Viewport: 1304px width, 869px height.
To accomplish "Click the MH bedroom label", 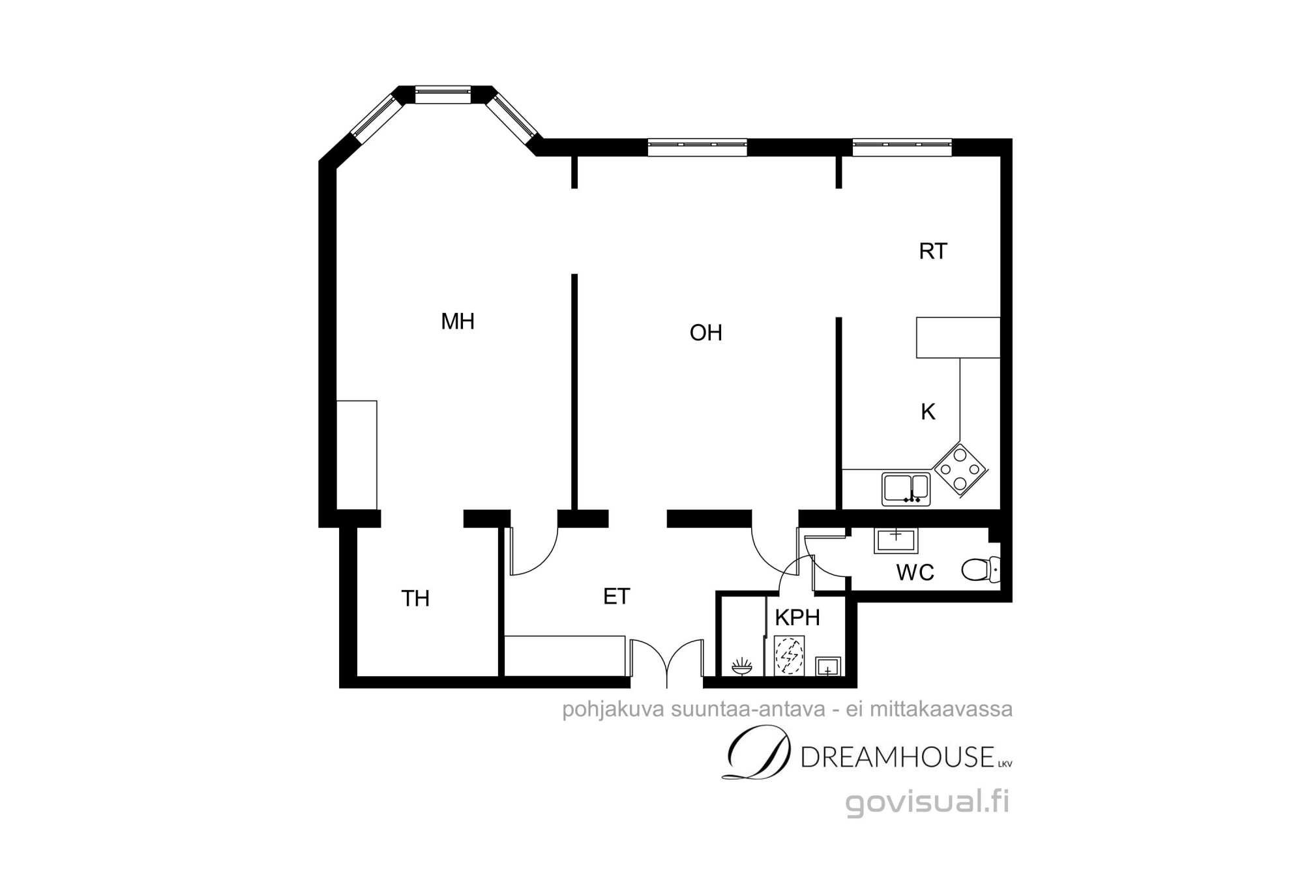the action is point(458,321).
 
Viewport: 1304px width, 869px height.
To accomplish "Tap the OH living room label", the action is point(706,333).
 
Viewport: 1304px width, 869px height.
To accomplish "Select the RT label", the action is point(933,252).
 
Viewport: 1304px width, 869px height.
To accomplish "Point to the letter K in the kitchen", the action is point(928,412).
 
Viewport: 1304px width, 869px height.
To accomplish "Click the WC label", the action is point(915,573).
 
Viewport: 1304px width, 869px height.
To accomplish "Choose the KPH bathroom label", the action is point(797,617).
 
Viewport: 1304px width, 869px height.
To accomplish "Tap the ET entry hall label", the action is point(617,597).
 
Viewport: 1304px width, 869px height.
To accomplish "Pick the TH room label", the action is point(415,598).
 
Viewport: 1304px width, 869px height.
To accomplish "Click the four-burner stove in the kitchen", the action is point(960,469).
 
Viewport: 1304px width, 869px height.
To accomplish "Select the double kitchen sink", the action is point(906,490).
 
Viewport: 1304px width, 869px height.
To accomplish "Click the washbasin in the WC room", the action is point(896,540).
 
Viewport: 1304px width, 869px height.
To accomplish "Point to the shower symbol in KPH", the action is point(789,656).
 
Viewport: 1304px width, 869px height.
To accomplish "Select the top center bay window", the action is point(443,95).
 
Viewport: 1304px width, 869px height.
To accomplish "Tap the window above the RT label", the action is point(902,147).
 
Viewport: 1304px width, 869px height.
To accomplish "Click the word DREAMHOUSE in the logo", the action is point(897,757).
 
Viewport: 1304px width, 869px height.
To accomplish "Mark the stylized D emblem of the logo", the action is point(758,752).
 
